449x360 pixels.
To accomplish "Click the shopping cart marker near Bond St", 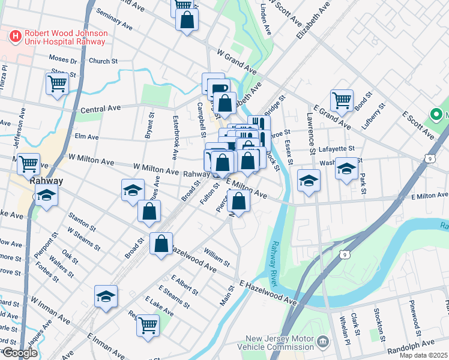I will (342, 100).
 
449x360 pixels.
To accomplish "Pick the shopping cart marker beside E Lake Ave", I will (148, 325).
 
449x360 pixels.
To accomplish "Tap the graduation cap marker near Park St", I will (346, 169).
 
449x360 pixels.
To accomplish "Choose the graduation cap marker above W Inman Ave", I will (106, 296).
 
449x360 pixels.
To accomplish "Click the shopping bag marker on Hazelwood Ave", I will (161, 244).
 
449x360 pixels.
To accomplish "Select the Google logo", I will (20, 353).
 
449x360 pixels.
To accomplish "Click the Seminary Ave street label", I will (113, 20).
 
